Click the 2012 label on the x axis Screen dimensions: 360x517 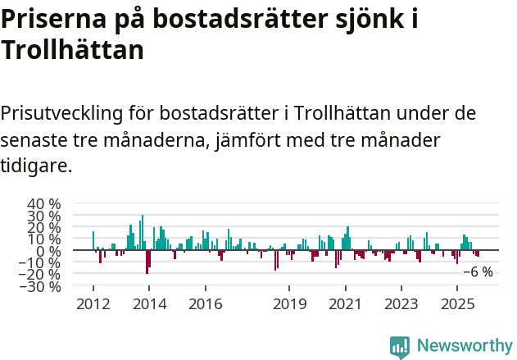pyautogui.click(x=93, y=304)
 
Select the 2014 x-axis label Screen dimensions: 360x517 pyautogui.click(x=149, y=304)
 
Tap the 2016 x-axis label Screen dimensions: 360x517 pyautogui.click(x=205, y=304)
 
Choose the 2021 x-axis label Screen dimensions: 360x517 pyautogui.click(x=345, y=304)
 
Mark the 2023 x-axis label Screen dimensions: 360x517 pyautogui.click(x=401, y=304)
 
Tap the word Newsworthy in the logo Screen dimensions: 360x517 pyautogui.click(x=464, y=346)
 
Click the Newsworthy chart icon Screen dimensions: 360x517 pyautogui.click(x=400, y=347)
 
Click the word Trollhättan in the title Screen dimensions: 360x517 pyautogui.click(x=73, y=50)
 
